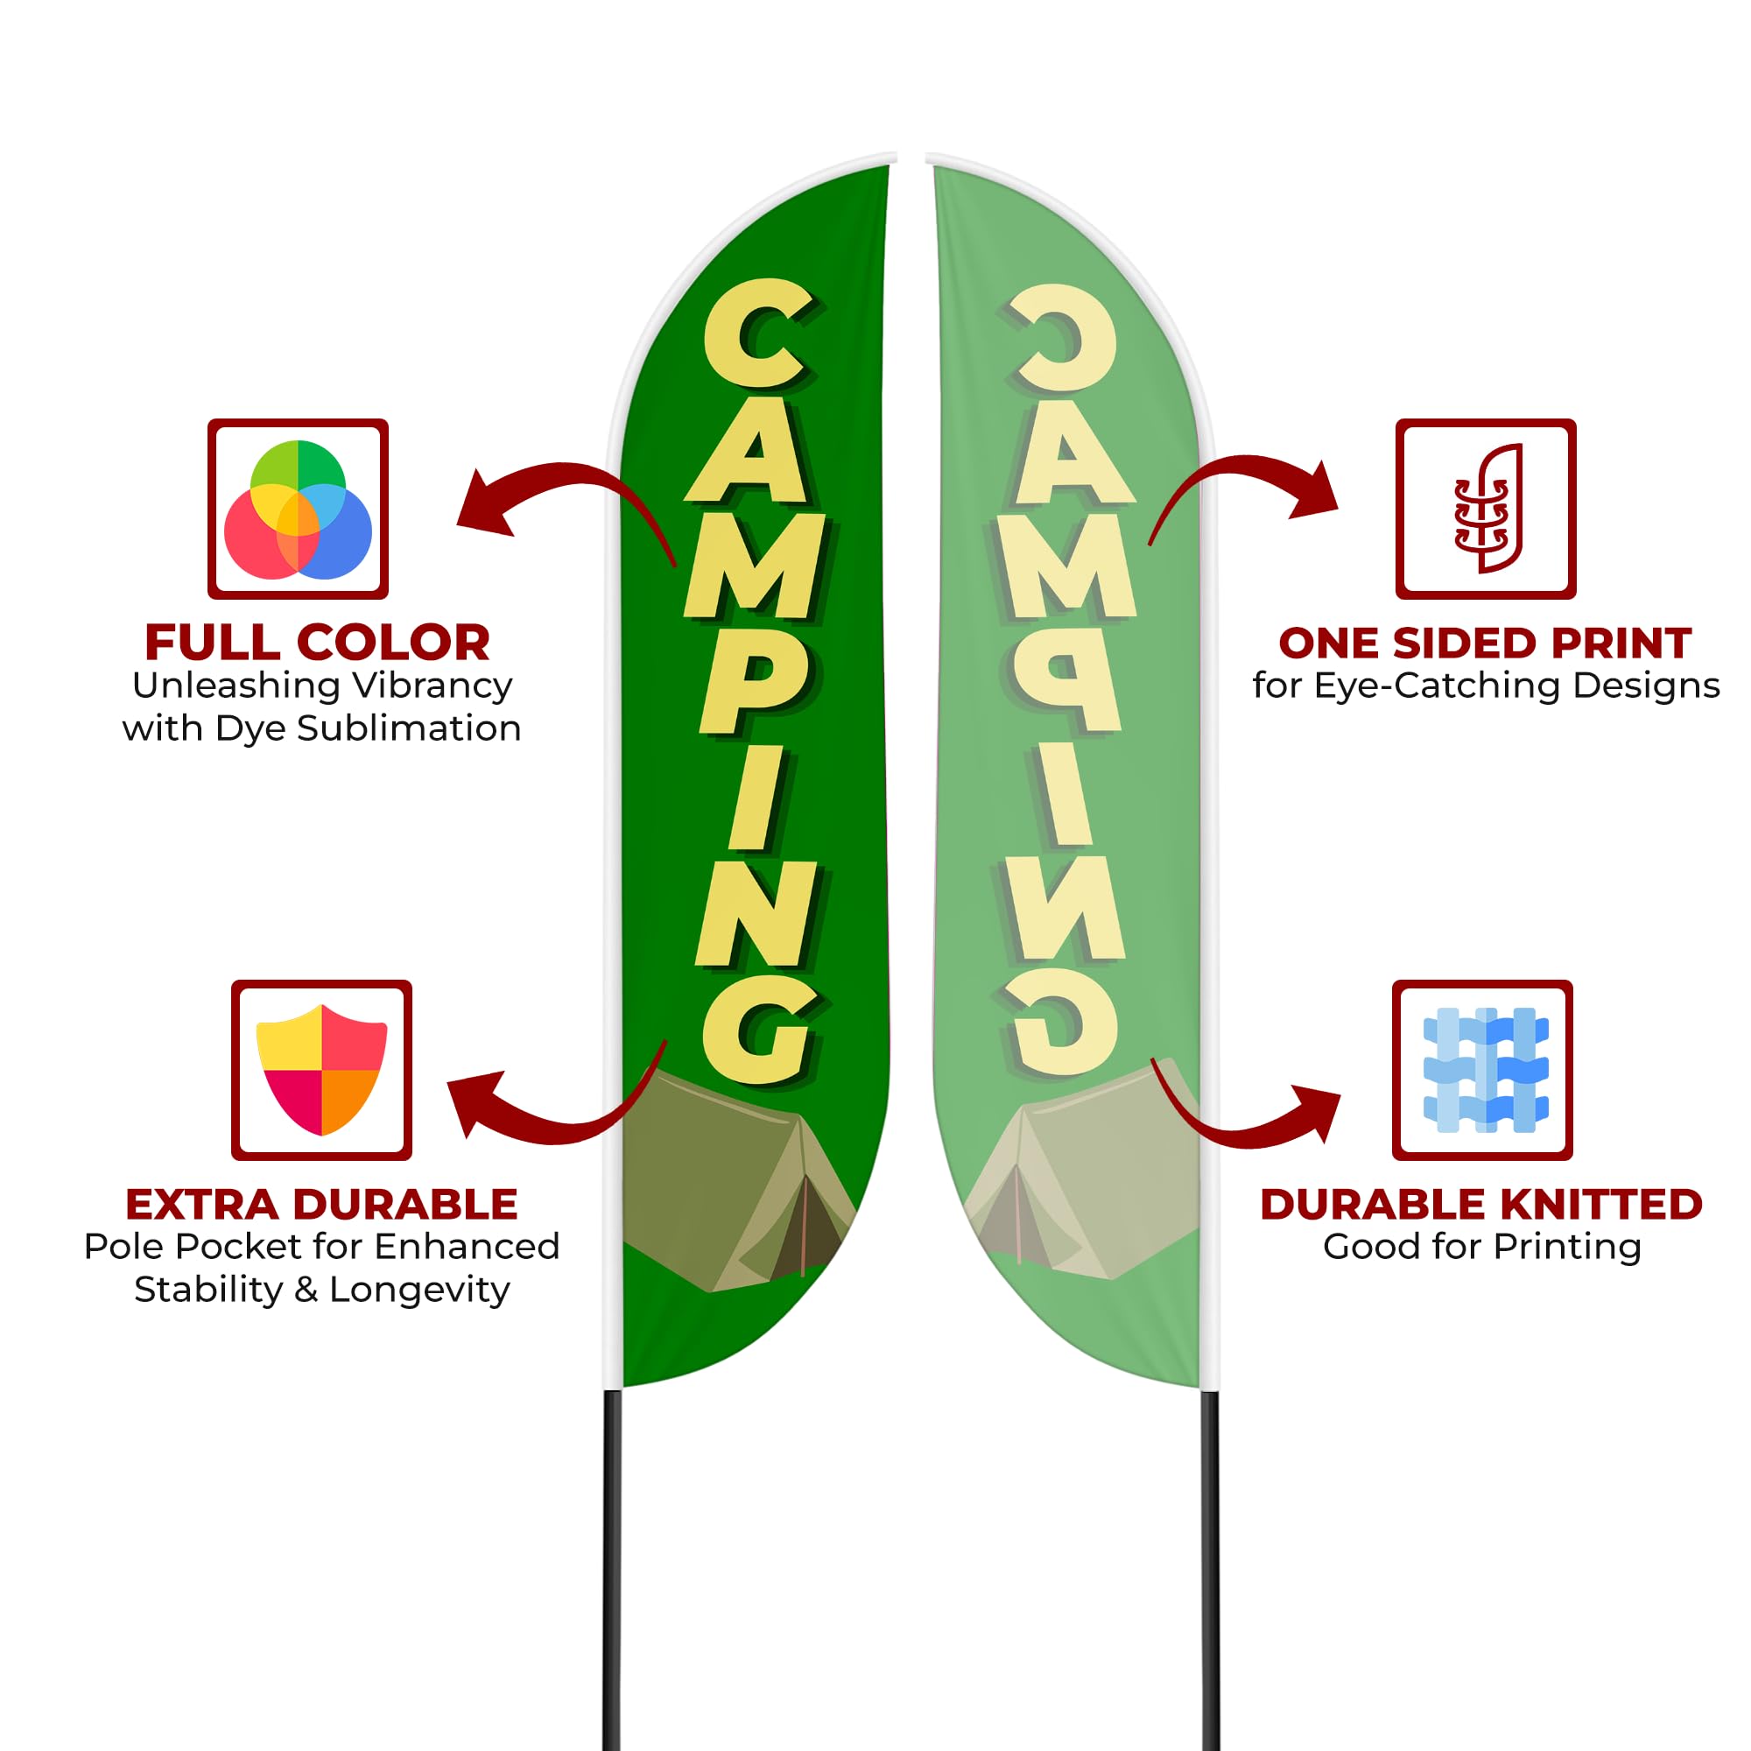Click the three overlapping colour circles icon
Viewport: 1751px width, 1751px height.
(299, 510)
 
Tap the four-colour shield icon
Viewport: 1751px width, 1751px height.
(321, 1070)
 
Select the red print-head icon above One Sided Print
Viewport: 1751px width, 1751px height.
(1487, 509)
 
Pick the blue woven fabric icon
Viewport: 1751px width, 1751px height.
(1486, 1070)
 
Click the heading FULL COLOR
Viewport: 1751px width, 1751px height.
(317, 643)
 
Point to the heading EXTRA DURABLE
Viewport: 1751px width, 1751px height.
(321, 1205)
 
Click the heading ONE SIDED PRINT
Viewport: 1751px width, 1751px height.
(1486, 643)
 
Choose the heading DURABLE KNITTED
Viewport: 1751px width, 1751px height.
(1482, 1205)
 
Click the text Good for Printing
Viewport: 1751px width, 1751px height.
(1483, 1247)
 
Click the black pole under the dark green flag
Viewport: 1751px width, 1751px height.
(613, 1568)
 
